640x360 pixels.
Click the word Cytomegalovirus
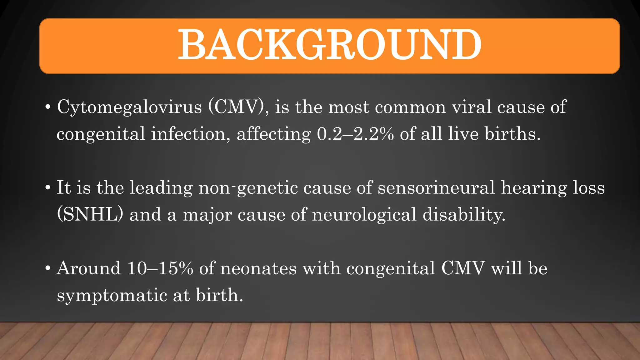coord(129,107)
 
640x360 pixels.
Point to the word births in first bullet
coord(512,134)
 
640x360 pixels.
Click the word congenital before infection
coord(101,135)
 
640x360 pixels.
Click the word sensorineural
coord(436,188)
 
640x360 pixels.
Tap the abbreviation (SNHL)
coord(90,215)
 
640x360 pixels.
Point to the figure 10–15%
coord(160,268)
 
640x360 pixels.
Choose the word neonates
coord(258,268)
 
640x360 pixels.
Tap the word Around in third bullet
coord(88,268)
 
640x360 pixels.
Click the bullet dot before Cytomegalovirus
coord(47,107)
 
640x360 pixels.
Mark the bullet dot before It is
coord(47,188)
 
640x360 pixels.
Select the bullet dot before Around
coord(47,269)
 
